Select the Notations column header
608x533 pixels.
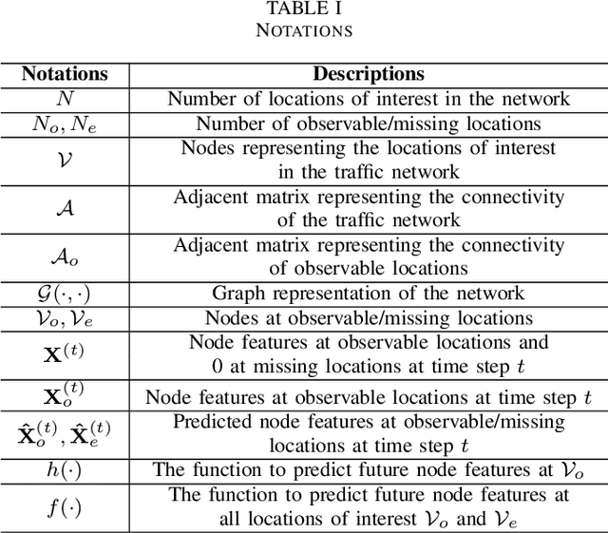[x=65, y=74]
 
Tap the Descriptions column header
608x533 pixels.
[x=369, y=74]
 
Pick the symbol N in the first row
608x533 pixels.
[x=65, y=98]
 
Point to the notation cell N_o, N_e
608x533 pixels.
[x=65, y=124]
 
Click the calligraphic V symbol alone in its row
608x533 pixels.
[x=65, y=159]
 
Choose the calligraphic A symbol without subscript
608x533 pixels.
[x=65, y=208]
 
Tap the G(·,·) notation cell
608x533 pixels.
[x=65, y=294]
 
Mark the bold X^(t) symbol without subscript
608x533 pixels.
[x=65, y=353]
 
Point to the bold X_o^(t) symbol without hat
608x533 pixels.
[x=65, y=396]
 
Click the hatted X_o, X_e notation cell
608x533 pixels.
[x=65, y=432]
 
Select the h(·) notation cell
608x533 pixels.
[x=65, y=469]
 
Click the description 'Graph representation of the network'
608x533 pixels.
[x=369, y=293]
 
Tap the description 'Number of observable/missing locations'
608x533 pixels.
[x=369, y=124]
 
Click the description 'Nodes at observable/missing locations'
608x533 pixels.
[x=369, y=318]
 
